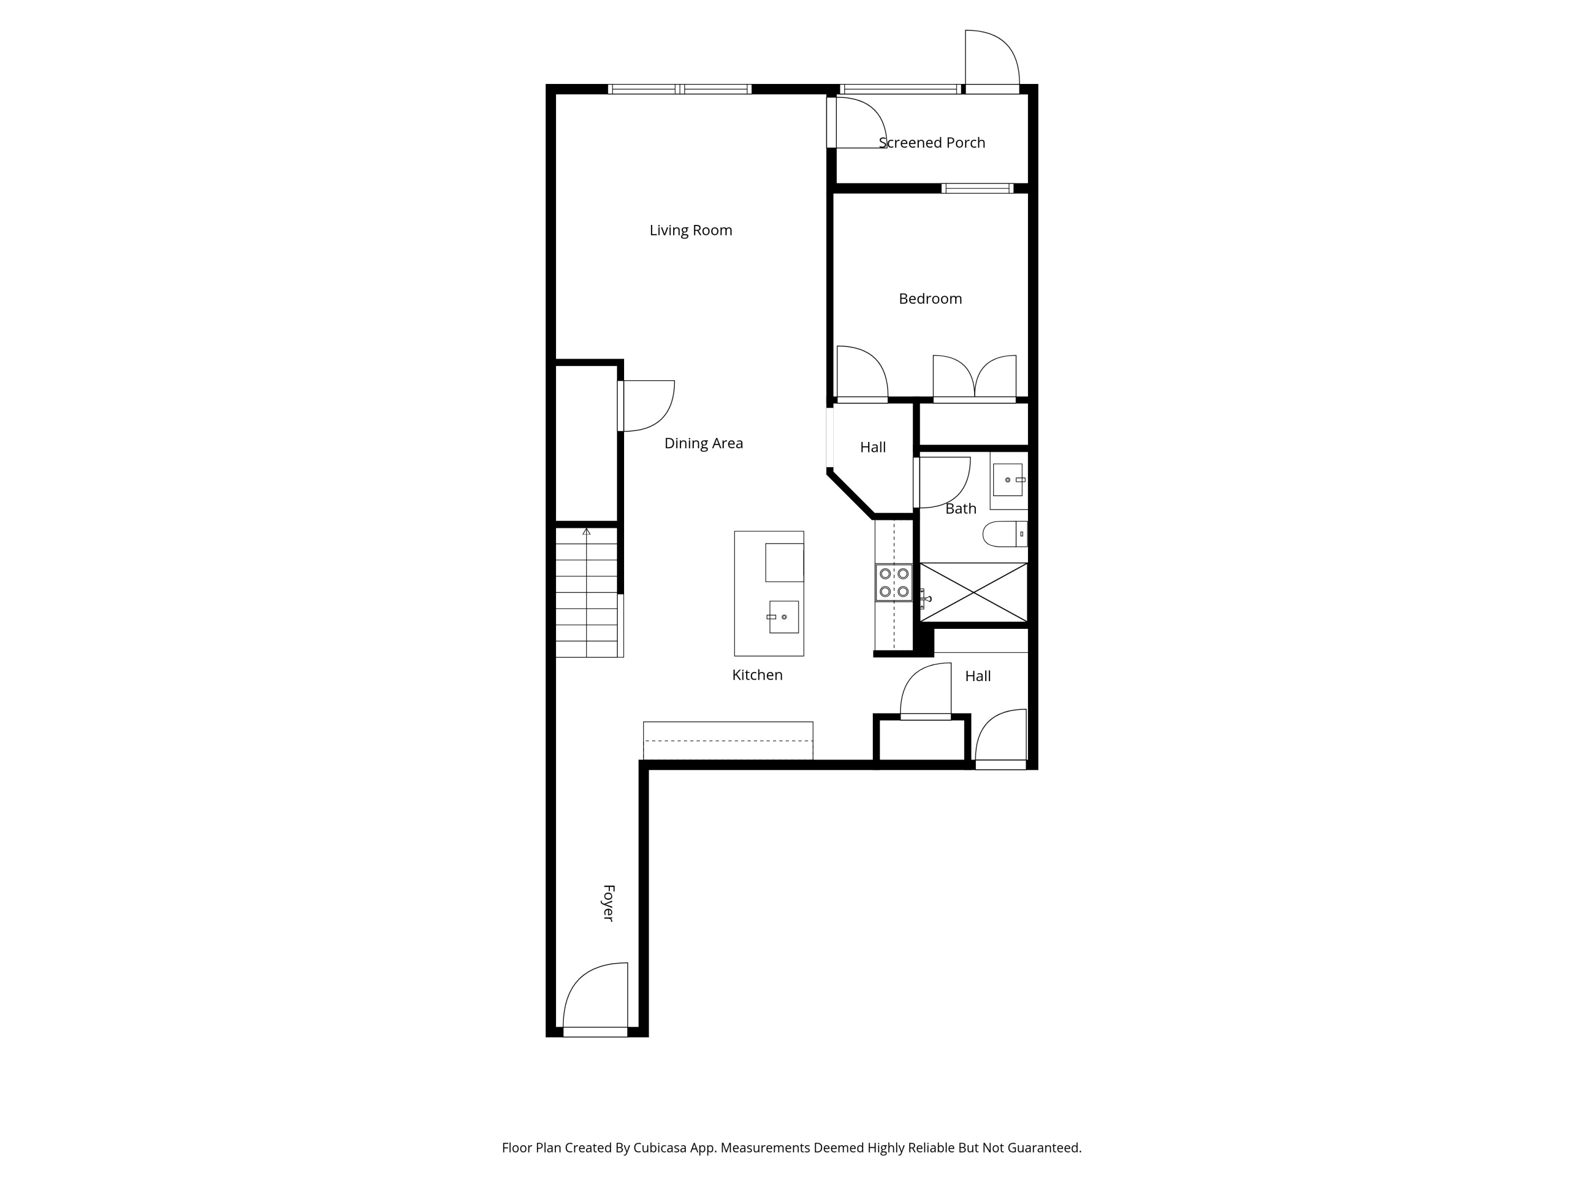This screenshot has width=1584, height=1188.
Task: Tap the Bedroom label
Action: [930, 299]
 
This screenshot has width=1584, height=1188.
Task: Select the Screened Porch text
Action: [931, 143]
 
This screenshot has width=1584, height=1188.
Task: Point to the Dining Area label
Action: [703, 444]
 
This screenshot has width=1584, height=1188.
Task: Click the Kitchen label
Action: [757, 675]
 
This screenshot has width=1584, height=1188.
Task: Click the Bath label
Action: [960, 509]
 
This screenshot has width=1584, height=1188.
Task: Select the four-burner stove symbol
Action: [894, 583]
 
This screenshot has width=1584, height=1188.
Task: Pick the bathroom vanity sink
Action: [1007, 480]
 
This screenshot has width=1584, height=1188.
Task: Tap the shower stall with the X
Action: [973, 593]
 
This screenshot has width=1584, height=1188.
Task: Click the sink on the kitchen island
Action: [784, 617]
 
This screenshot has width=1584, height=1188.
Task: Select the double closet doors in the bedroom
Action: [974, 378]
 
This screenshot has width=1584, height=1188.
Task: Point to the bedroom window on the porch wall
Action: [977, 189]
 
